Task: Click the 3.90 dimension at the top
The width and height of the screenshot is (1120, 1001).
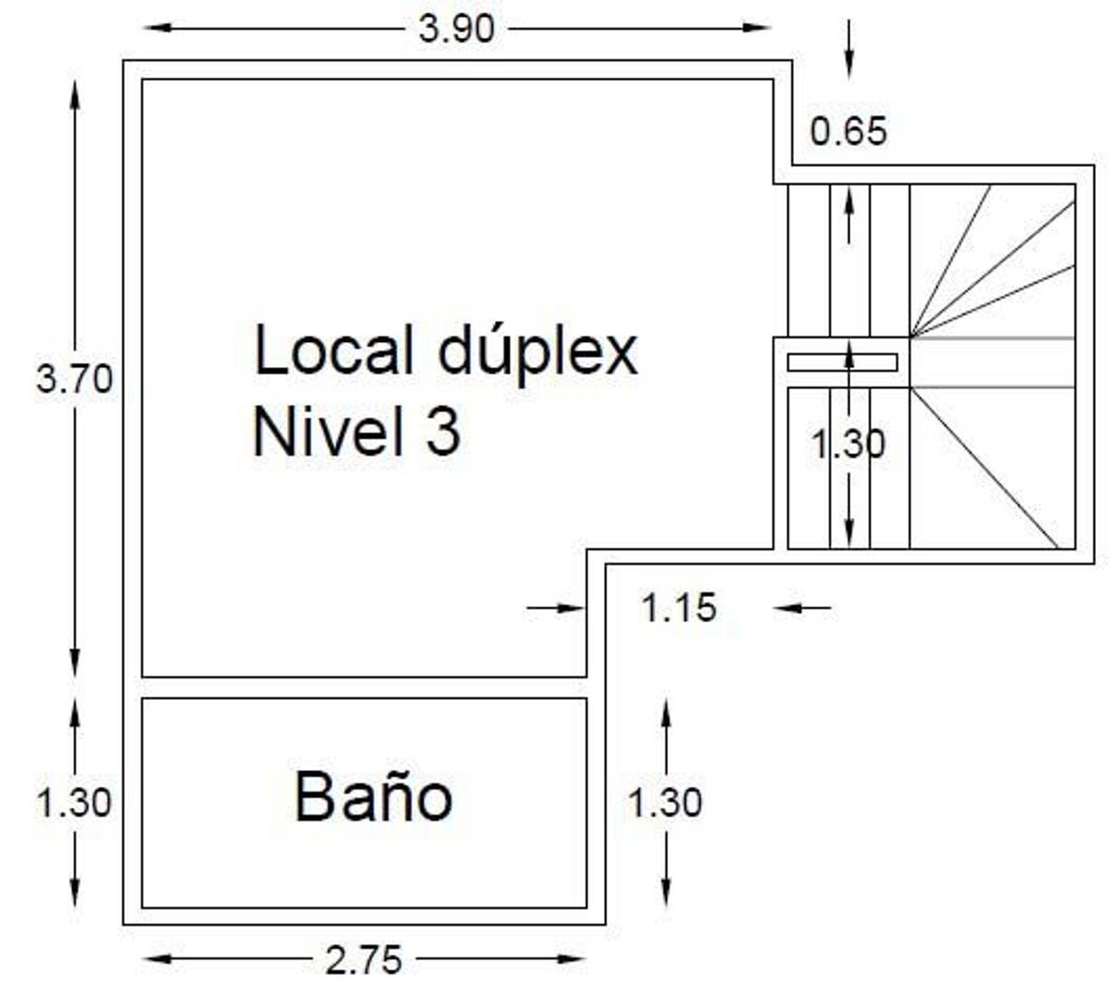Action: point(457,29)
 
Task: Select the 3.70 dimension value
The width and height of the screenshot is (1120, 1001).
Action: point(74,379)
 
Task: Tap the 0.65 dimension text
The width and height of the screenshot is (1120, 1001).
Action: point(849,131)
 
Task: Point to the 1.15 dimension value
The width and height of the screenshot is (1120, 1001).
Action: point(680,608)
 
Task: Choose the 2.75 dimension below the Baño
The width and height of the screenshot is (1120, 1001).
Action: point(364,961)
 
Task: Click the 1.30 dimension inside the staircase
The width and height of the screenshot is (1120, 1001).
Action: point(849,445)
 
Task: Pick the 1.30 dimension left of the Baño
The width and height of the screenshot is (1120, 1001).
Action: point(74,802)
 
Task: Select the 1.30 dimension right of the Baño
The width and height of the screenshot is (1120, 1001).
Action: point(665,802)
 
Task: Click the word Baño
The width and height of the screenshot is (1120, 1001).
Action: point(373,796)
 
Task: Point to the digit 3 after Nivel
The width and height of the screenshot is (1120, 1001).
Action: point(443,432)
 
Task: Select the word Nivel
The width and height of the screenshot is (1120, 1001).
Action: point(331,432)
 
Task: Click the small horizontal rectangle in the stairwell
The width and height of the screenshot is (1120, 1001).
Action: point(842,362)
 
